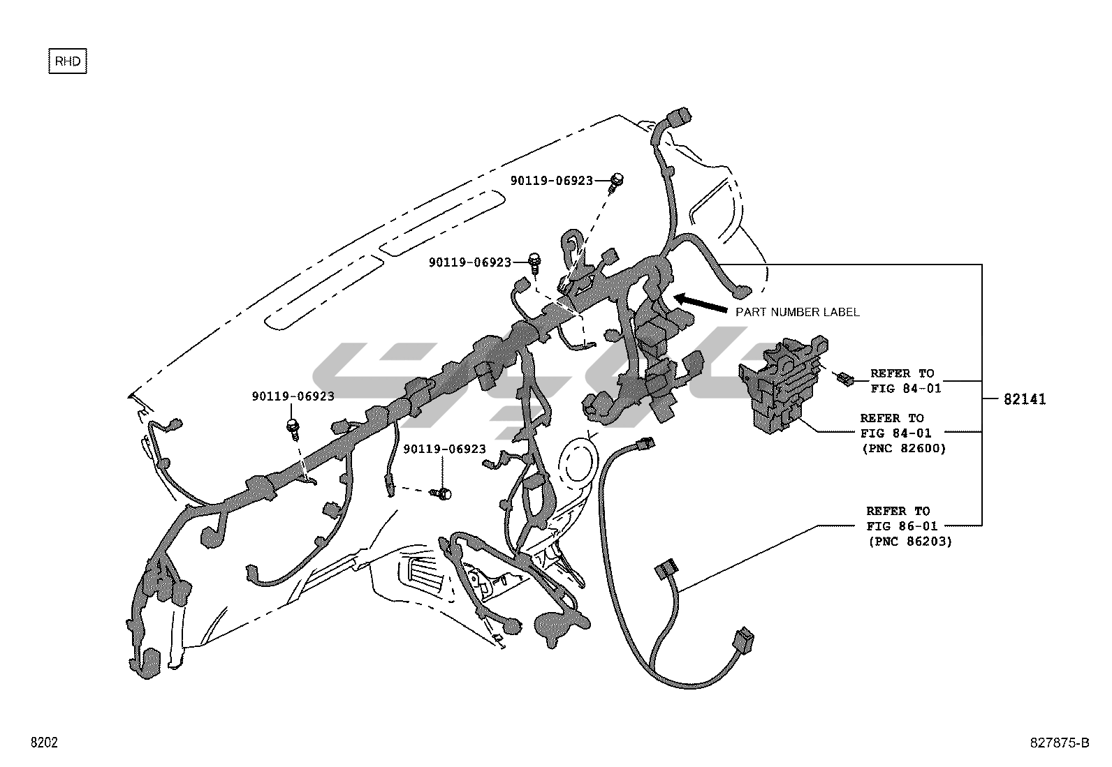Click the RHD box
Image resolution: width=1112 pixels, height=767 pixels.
pyautogui.click(x=67, y=61)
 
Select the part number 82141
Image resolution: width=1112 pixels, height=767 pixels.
pyautogui.click(x=1025, y=400)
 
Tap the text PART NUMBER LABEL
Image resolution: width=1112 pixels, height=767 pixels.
pyautogui.click(x=797, y=312)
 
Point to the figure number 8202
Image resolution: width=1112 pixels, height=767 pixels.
pyautogui.click(x=43, y=743)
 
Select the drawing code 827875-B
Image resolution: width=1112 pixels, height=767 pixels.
pyautogui.click(x=1059, y=743)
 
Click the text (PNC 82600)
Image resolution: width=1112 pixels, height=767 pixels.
pyautogui.click(x=904, y=449)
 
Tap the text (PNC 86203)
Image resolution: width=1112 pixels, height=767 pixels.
pyautogui.click(x=909, y=541)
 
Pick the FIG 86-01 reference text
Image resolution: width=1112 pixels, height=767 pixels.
pyautogui.click(x=902, y=526)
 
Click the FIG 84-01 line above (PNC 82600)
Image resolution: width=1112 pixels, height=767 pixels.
pyautogui.click(x=895, y=433)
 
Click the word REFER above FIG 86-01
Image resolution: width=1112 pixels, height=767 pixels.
pyautogui.click(x=888, y=511)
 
